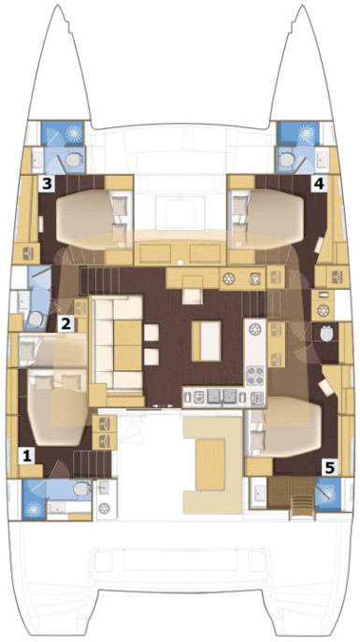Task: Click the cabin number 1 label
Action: [x=27, y=456]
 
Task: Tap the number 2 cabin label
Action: [x=66, y=324]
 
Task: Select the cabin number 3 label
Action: [x=47, y=183]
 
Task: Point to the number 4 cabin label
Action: [x=319, y=183]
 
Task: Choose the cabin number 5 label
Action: [x=330, y=466]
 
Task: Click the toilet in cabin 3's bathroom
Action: [x=74, y=160]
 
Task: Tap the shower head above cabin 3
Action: [x=74, y=133]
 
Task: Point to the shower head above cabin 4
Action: [x=307, y=133]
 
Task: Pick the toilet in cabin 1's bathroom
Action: [x=82, y=488]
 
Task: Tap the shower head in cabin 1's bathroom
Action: [x=33, y=509]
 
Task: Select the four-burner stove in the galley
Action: [x=254, y=375]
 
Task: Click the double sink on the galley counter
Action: [x=222, y=396]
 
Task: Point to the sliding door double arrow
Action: [x=163, y=406]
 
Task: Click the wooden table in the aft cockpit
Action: [x=210, y=464]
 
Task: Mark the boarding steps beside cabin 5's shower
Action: [x=302, y=506]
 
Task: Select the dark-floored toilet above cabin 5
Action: [x=327, y=335]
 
